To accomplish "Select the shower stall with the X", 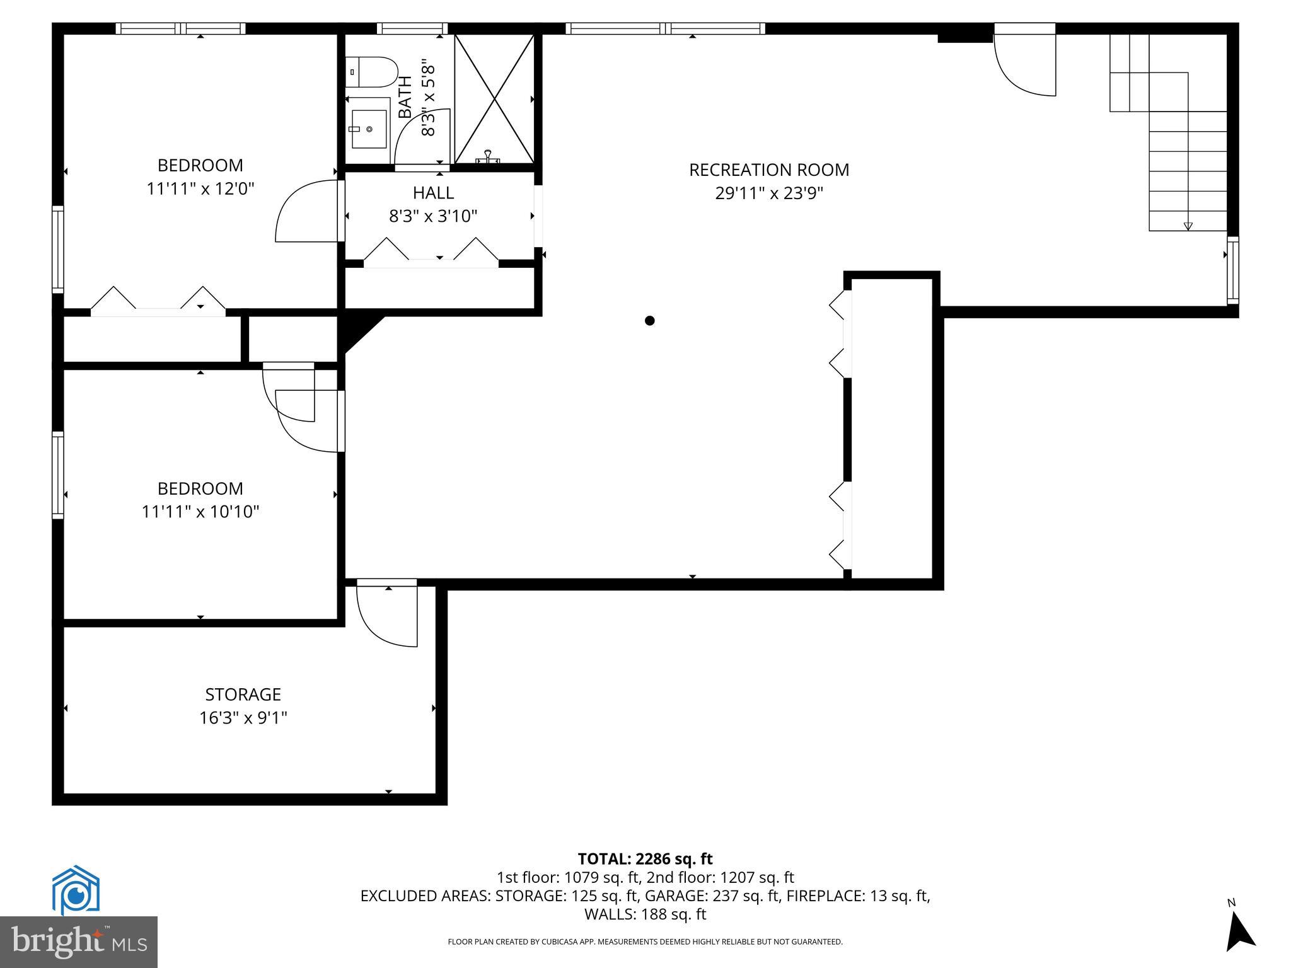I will [495, 99].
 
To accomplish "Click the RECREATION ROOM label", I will [768, 170].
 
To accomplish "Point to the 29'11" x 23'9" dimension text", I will [768, 193].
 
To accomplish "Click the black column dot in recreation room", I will [649, 321].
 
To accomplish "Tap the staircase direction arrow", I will [1188, 226].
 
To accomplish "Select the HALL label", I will [433, 193].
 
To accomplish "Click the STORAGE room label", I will [243, 694].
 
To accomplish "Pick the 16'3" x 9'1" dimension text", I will [243, 718].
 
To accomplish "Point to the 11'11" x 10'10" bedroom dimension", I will [200, 512].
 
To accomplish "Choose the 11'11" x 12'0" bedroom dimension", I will [200, 188].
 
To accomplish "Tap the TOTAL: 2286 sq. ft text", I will [645, 859].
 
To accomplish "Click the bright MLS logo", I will [79, 942].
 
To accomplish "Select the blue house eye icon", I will [76, 890].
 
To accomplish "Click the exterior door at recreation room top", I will [1025, 63].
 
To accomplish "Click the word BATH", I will [405, 97].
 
